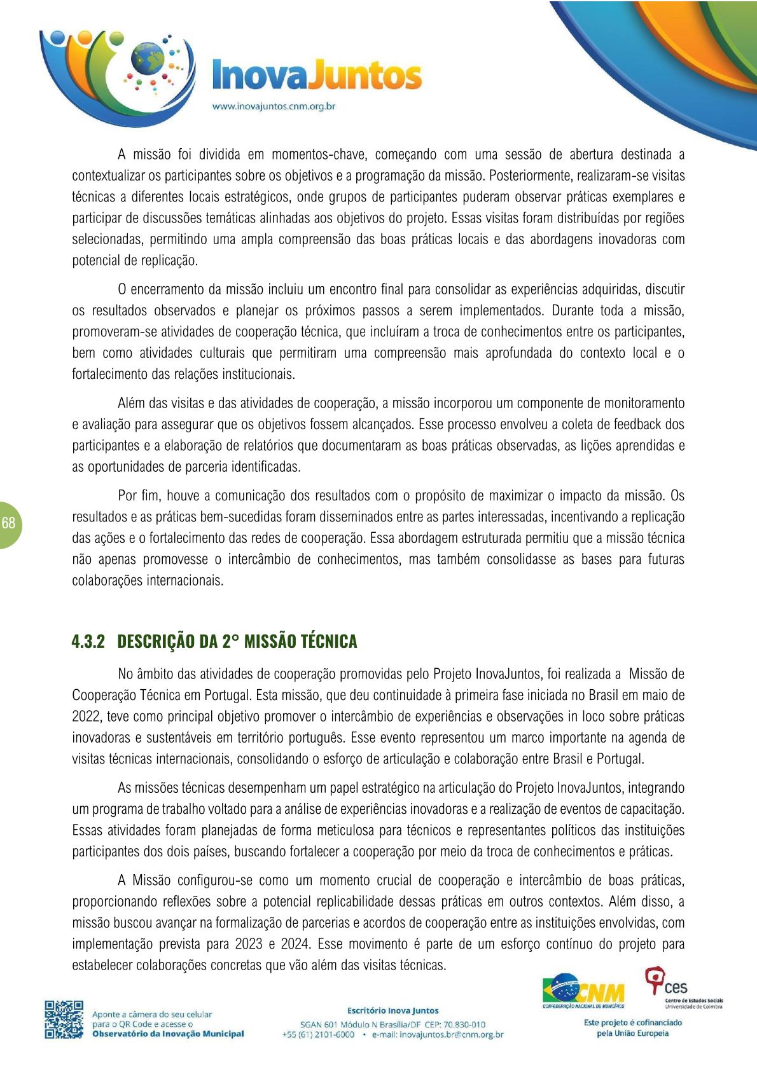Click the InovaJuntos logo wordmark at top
[316, 76]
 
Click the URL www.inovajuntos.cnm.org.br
[274, 106]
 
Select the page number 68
[8, 524]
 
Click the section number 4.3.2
[88, 641]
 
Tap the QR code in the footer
[64, 1019]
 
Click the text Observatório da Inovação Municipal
[168, 1034]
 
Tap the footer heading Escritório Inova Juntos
[392, 1010]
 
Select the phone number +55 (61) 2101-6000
[318, 1034]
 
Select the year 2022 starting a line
[86, 717]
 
